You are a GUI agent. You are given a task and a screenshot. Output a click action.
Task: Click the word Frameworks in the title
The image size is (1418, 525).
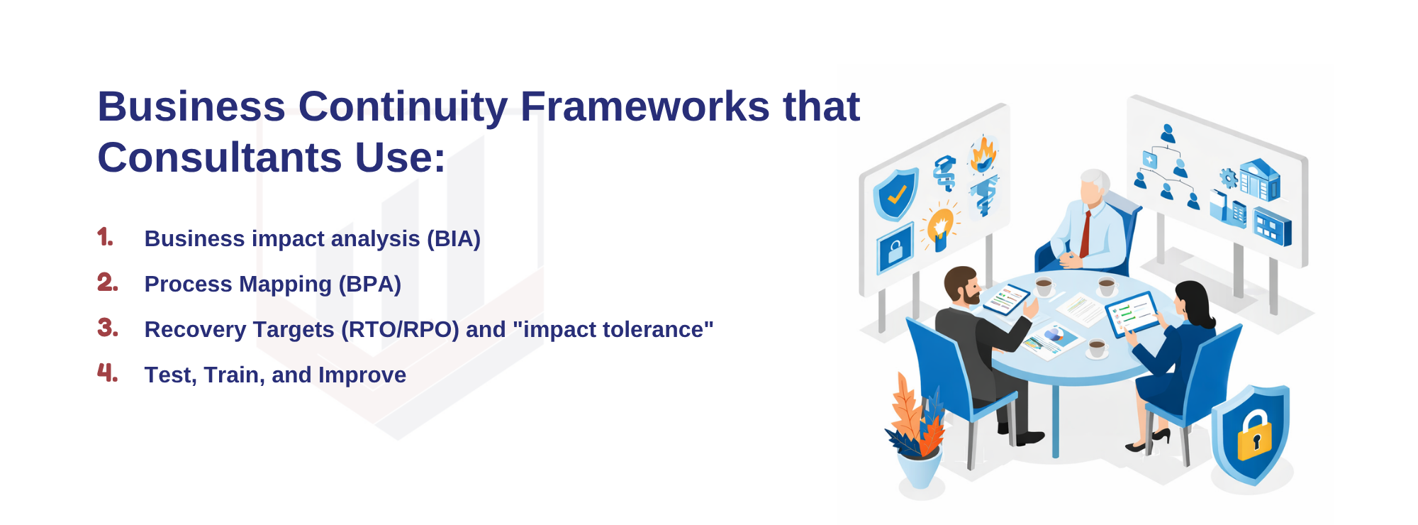pyautogui.click(x=644, y=106)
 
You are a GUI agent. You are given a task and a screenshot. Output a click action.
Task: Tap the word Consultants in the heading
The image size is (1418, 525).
pyautogui.click(x=219, y=157)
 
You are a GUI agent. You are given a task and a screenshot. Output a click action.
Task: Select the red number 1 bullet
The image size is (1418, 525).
pyautogui.click(x=105, y=237)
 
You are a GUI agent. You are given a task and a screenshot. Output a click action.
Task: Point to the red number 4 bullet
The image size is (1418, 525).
pyautogui.click(x=107, y=372)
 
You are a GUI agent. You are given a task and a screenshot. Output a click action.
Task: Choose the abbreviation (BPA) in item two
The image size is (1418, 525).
pyautogui.click(x=369, y=284)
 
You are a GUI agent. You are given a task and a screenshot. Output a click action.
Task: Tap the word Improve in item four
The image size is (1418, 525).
pyautogui.click(x=362, y=375)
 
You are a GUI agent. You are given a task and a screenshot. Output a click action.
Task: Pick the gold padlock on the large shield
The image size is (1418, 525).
pyautogui.click(x=1254, y=436)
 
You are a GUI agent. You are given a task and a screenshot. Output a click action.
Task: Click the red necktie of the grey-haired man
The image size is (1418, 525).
pyautogui.click(x=1085, y=234)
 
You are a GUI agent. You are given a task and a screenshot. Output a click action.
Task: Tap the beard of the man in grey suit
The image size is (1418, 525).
pyautogui.click(x=971, y=293)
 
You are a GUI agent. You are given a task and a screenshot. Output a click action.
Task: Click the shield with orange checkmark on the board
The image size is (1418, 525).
pyautogui.click(x=895, y=194)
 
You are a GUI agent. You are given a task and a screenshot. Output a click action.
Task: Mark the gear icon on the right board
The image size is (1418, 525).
pyautogui.click(x=1228, y=178)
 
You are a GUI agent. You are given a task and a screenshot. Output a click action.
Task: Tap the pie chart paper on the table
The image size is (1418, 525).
pyautogui.click(x=1053, y=339)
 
